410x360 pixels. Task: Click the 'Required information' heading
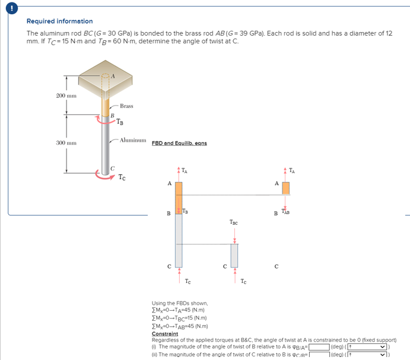click(x=59, y=21)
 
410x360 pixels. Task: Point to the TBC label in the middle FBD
click(x=234, y=223)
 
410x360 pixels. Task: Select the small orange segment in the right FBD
click(x=285, y=188)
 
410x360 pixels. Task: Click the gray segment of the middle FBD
click(x=234, y=255)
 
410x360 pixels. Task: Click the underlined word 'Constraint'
click(x=164, y=334)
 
